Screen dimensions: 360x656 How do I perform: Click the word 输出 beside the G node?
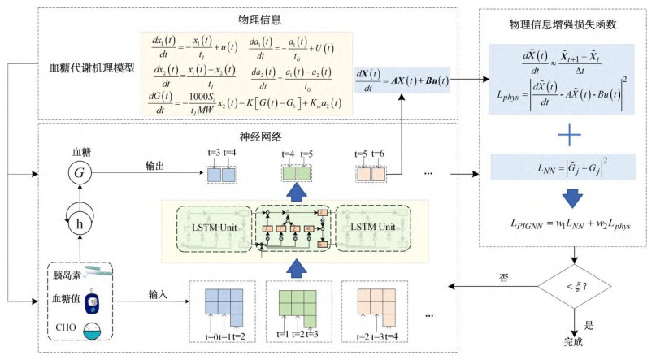(155, 166)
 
